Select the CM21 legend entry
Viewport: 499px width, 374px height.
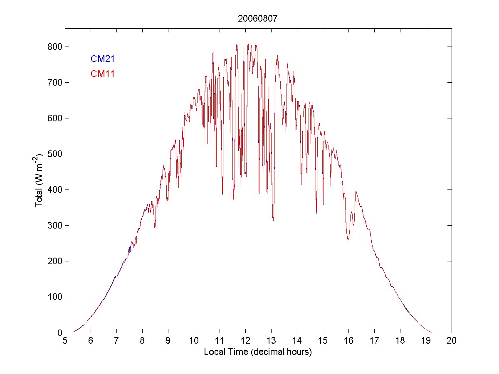click(x=103, y=59)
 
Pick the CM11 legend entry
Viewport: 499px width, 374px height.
click(x=103, y=74)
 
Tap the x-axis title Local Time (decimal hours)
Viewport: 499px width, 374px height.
click(x=258, y=352)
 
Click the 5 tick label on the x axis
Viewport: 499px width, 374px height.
click(x=65, y=340)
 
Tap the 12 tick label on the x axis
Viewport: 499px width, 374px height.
click(x=245, y=340)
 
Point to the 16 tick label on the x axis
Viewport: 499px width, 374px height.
click(x=348, y=340)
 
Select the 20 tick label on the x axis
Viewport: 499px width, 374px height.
click(x=452, y=340)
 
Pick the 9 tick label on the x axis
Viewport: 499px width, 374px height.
click(x=168, y=340)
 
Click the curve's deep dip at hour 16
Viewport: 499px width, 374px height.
click(x=348, y=240)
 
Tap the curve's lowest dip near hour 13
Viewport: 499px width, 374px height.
click(x=273, y=220)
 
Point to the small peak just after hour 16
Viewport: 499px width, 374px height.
click(x=356, y=192)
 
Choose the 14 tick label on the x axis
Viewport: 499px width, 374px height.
click(x=297, y=340)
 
